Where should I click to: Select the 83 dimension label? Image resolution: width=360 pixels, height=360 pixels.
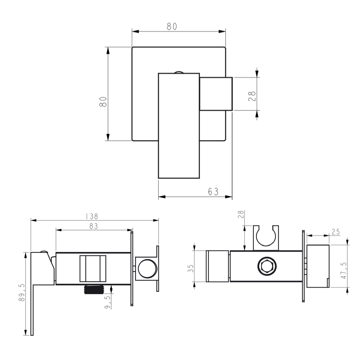93,226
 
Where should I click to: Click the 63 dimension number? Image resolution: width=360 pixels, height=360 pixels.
213,192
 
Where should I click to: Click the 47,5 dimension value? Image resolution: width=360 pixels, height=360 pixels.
343,270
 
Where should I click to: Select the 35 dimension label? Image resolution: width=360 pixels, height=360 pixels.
190,268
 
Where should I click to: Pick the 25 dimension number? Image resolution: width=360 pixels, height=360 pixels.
336,232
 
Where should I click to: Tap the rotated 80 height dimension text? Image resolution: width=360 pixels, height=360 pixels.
103,102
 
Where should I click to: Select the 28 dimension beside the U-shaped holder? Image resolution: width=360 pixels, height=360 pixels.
241,215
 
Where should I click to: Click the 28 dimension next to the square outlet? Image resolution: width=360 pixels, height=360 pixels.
252,96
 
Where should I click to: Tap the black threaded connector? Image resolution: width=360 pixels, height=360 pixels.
95,289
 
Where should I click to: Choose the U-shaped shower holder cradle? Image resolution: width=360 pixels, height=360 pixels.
266,238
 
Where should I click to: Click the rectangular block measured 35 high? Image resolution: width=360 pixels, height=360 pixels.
217,266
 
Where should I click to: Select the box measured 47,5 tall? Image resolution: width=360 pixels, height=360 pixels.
318,266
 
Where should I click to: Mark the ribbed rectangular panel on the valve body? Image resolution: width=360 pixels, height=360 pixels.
93,268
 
